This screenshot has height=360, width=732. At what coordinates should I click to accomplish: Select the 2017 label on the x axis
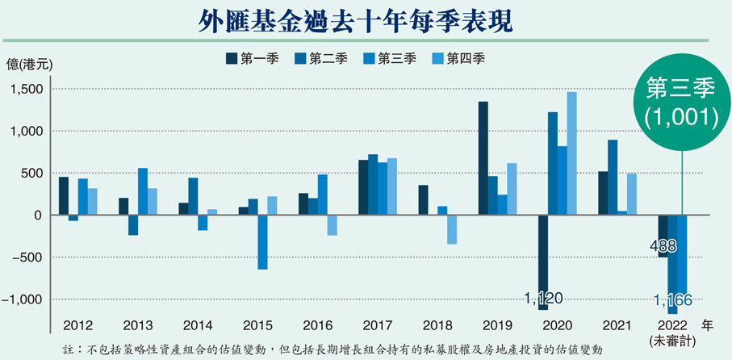[x=377, y=325]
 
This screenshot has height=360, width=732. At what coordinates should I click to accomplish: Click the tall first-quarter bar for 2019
[x=483, y=158]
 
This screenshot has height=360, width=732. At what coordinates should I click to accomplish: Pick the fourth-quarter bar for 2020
[x=571, y=153]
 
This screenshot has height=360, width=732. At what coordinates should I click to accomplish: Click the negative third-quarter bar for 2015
[x=263, y=241]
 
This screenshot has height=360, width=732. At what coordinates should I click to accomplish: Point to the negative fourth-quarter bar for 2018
[x=453, y=229]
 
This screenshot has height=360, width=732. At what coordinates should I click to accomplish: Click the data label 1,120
[x=541, y=299]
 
